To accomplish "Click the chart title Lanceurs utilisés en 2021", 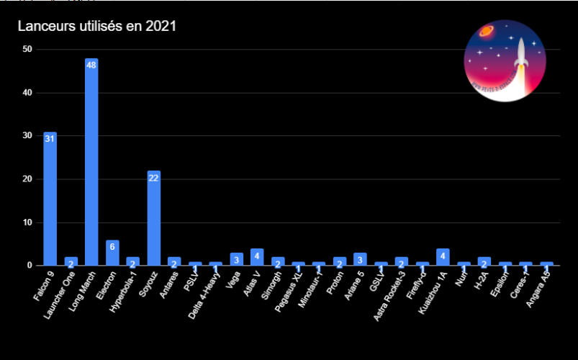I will coord(97,27).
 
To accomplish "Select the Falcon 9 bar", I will coord(50,202).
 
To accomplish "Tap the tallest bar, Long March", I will coord(91,166).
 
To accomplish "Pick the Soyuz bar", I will coord(153,220).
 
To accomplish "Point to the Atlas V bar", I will coord(257,257).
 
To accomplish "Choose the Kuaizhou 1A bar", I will coord(443,257).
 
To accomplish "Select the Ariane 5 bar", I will coord(360,259).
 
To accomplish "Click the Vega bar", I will coord(236,259).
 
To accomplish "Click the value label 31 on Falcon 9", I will coord(50,138).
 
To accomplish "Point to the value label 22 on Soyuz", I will coord(153,177).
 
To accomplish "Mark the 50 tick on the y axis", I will coord(27,49).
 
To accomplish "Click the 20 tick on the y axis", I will coord(27,179).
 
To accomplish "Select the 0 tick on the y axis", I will coord(30,266).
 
